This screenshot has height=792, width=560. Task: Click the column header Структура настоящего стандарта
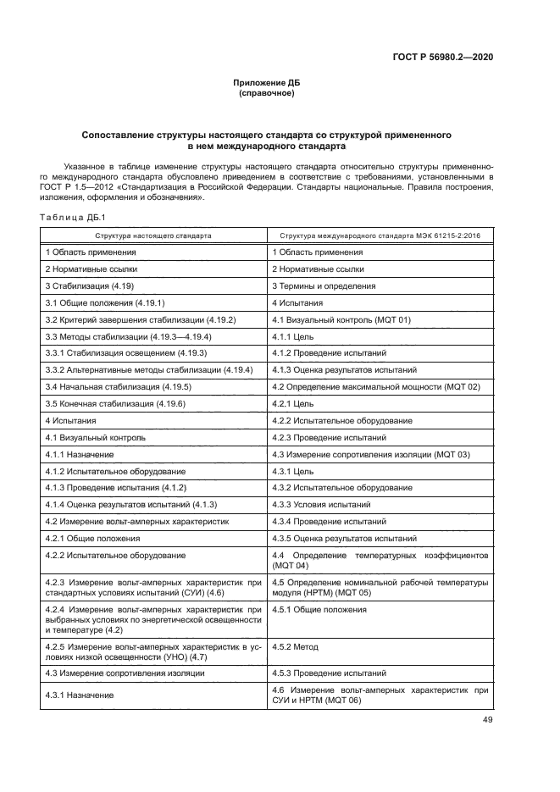click(x=153, y=235)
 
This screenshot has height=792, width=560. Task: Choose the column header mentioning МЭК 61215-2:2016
click(x=379, y=235)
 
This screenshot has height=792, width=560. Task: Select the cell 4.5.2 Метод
click(x=295, y=646)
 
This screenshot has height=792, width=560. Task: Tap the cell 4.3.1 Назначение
click(x=80, y=695)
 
